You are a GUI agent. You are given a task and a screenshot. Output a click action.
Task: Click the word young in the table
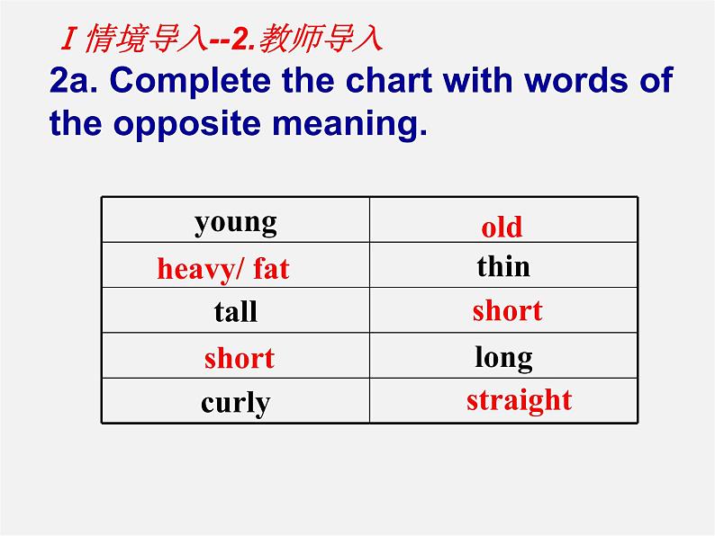pyautogui.click(x=235, y=222)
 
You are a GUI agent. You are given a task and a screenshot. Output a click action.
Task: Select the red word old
pyautogui.click(x=502, y=227)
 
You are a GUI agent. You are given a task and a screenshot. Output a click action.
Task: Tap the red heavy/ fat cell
pyautogui.click(x=223, y=268)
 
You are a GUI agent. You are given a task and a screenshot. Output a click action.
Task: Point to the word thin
pyautogui.click(x=503, y=266)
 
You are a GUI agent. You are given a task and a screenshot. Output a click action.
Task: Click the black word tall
pyautogui.click(x=235, y=312)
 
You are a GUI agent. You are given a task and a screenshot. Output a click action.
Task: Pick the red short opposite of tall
pyautogui.click(x=507, y=310)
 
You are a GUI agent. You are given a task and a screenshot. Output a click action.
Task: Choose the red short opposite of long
pyautogui.click(x=239, y=358)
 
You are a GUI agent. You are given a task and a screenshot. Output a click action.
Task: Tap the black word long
pyautogui.click(x=503, y=358)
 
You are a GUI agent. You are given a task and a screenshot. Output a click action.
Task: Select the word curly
pyautogui.click(x=235, y=402)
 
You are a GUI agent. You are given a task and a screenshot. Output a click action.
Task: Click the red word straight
pyautogui.click(x=519, y=399)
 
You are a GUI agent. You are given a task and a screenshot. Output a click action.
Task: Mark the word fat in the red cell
pyautogui.click(x=271, y=268)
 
